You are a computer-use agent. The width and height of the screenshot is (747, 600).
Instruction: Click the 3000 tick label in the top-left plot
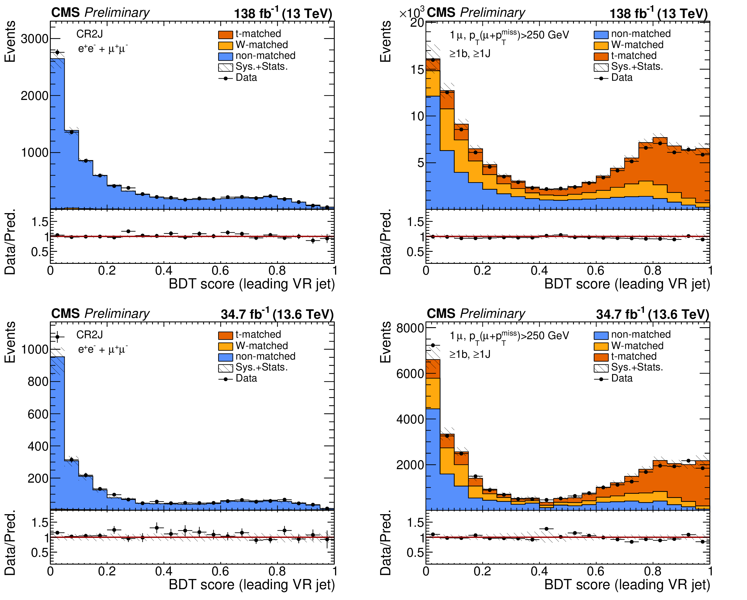[34, 39]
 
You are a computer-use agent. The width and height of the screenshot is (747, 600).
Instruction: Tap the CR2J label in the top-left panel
[89, 34]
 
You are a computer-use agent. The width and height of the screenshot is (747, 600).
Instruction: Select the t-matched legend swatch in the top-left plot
[225, 35]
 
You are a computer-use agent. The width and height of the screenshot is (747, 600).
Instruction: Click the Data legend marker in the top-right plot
[601, 78]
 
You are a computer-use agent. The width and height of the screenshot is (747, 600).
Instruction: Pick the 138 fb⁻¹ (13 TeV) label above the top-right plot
[658, 13]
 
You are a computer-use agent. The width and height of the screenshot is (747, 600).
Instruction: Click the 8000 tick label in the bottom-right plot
[410, 328]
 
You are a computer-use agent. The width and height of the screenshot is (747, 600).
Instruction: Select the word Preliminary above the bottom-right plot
[492, 313]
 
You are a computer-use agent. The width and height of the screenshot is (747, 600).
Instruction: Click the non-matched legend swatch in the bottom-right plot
[601, 335]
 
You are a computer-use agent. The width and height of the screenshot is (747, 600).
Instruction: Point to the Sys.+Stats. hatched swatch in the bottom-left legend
[225, 368]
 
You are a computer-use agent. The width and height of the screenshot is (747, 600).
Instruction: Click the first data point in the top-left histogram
[57, 53]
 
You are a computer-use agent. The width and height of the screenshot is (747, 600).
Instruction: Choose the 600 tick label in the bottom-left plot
[38, 414]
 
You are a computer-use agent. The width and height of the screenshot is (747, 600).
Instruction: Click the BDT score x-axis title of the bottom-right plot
[627, 584]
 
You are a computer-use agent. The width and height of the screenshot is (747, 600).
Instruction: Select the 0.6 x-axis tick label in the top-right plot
[596, 270]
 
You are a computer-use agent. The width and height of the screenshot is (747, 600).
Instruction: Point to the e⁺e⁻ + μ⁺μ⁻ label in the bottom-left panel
[102, 349]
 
